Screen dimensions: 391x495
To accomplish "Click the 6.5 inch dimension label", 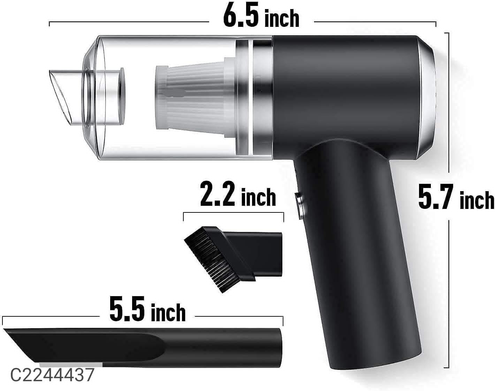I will [x=261, y=17].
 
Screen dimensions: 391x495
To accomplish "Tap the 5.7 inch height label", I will [x=456, y=198].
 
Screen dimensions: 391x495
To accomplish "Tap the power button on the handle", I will [x=299, y=206].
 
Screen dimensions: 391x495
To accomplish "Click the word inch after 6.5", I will [x=282, y=19].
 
